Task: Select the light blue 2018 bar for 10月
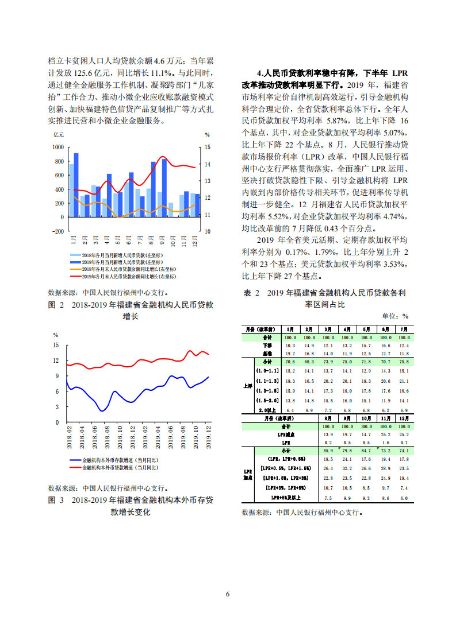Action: tap(170, 210)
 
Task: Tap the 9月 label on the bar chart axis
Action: tap(163, 239)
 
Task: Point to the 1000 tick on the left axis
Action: tap(58, 147)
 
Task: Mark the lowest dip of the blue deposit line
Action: tap(102, 410)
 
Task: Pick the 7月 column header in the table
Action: tap(404, 329)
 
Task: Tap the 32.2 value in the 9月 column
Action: tap(347, 469)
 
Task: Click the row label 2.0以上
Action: tap(269, 410)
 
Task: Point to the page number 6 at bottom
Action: tap(228, 593)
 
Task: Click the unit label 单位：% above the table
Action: tap(395, 316)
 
